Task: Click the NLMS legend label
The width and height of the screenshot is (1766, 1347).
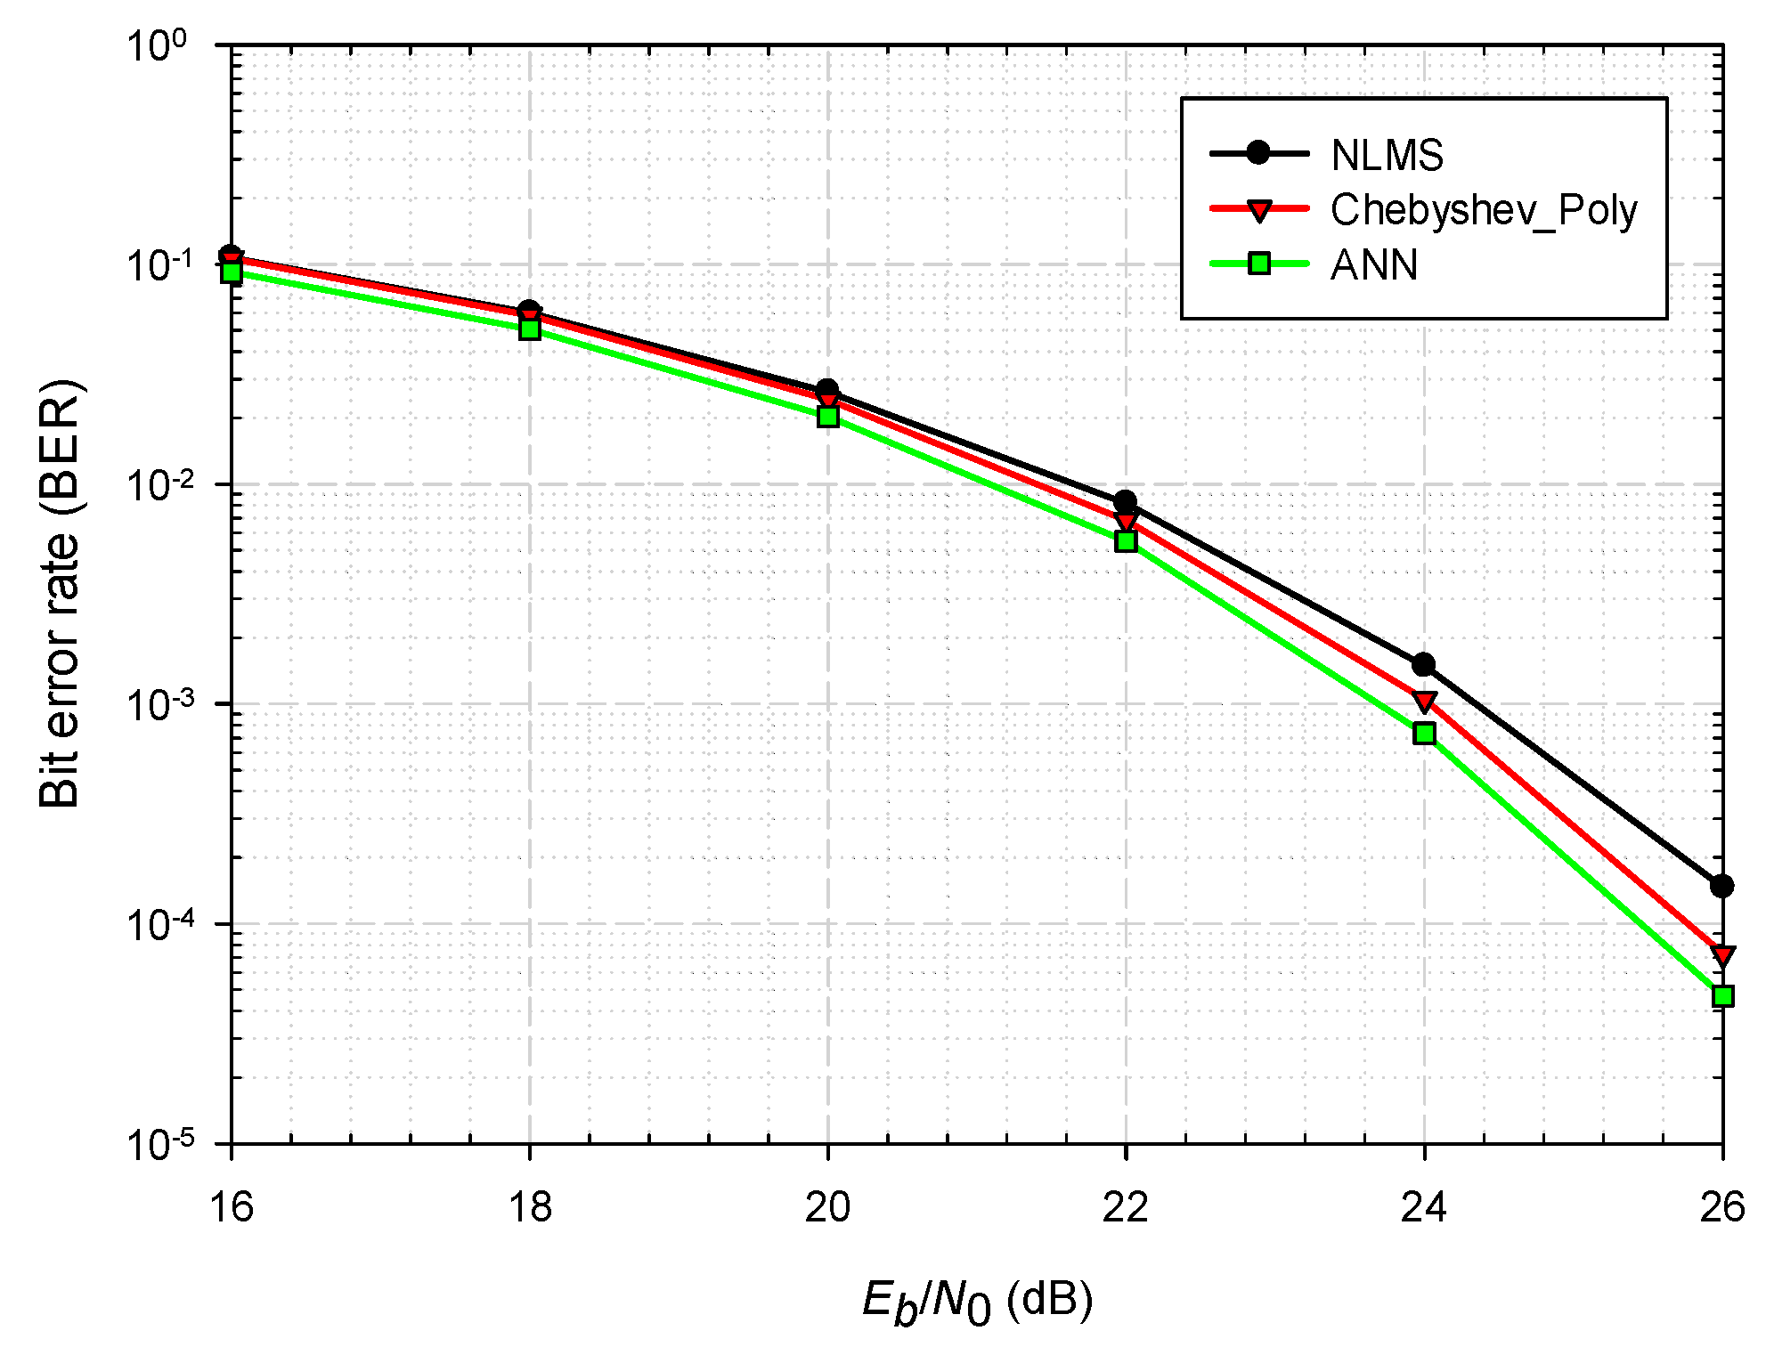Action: coord(1387,156)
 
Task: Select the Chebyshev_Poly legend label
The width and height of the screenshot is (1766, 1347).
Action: coord(1484,210)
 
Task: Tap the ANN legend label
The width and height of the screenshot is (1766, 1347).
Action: coord(1374,265)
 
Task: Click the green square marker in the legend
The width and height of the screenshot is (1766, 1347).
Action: coord(1258,264)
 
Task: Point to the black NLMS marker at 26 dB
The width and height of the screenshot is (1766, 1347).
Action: coord(1721,886)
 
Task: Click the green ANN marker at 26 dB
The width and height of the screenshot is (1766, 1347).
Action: coord(1722,995)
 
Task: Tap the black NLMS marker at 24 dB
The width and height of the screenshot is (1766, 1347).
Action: coord(1423,664)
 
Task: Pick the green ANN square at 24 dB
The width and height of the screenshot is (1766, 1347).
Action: coord(1424,734)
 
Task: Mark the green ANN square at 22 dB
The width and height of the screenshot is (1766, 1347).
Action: coord(1126,541)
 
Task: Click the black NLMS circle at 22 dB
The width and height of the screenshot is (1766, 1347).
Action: coord(1125,502)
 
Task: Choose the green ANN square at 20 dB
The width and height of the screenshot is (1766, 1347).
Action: coord(828,417)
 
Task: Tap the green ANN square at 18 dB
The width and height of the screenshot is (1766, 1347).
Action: coord(530,329)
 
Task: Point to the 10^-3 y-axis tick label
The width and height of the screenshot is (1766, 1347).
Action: coord(159,702)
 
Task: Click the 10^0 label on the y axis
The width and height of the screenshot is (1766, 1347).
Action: coord(159,45)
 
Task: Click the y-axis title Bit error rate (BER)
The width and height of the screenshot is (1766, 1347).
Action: coord(60,594)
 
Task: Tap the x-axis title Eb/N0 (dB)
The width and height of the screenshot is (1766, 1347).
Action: coord(977,1302)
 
